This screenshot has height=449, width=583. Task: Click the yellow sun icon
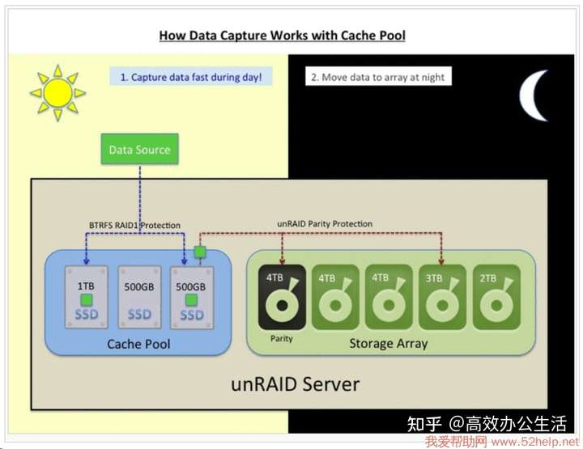click(x=57, y=92)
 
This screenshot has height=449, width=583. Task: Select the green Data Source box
click(x=140, y=149)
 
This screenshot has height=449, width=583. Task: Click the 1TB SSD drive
click(x=87, y=297)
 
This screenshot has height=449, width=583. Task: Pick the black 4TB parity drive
click(x=282, y=297)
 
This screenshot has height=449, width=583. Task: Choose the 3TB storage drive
click(x=442, y=297)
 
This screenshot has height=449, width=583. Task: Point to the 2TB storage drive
click(x=496, y=297)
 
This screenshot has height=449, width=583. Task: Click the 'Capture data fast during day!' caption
click(x=191, y=77)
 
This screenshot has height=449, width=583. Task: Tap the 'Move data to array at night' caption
click(x=378, y=77)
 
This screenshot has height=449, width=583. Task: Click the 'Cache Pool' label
click(x=138, y=344)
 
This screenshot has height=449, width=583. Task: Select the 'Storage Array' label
click(x=388, y=344)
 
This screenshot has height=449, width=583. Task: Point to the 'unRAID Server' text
click(x=296, y=384)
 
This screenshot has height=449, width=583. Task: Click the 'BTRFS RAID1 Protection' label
click(x=134, y=225)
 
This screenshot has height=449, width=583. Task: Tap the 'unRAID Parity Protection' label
click(x=325, y=223)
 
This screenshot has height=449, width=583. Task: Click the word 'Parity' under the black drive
click(x=282, y=338)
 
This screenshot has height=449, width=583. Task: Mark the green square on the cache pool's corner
click(x=200, y=252)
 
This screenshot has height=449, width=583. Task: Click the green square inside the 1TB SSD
click(x=87, y=299)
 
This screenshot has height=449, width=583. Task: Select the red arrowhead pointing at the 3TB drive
click(x=441, y=262)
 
